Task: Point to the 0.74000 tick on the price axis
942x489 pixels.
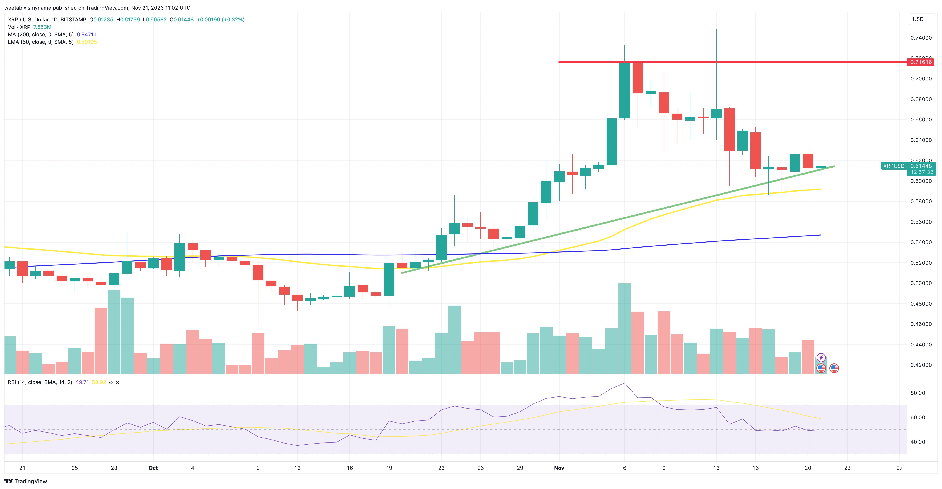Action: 921,38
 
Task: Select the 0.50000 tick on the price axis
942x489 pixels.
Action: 921,283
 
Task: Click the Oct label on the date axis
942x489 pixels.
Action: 153,468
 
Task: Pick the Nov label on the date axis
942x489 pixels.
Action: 559,468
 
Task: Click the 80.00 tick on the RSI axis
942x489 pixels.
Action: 918,393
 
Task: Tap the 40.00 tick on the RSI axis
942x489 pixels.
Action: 918,442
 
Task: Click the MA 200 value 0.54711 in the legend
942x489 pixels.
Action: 86,34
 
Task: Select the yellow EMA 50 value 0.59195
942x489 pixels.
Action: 87,42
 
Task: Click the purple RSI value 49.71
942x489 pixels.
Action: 82,382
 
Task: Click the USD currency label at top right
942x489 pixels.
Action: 918,19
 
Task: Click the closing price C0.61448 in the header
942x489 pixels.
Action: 182,19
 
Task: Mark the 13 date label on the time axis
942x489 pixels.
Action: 716,468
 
